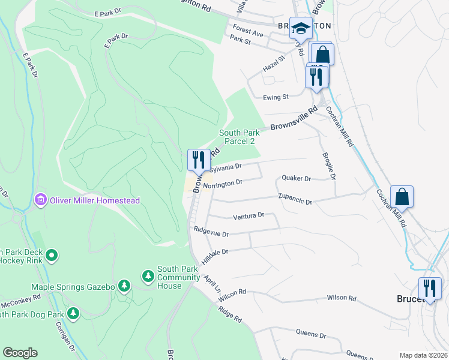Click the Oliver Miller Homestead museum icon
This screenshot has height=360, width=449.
(x=41, y=200)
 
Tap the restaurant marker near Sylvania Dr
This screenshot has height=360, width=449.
(x=199, y=160)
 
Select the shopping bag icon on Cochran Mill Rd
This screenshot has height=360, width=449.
(x=402, y=197)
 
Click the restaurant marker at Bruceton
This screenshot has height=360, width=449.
(x=430, y=289)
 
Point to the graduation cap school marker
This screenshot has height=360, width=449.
(x=300, y=28)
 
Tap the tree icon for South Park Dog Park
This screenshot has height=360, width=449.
(x=73, y=313)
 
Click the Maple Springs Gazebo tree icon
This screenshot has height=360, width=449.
(x=124, y=286)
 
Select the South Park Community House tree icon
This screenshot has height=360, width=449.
(x=148, y=276)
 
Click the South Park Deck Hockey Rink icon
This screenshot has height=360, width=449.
(x=52, y=256)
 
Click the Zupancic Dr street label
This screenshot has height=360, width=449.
(x=295, y=199)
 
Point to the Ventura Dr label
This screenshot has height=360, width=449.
(x=249, y=215)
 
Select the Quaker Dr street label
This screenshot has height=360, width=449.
(x=296, y=179)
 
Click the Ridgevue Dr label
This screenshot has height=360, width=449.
(x=211, y=232)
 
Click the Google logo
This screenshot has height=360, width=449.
(x=20, y=353)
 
